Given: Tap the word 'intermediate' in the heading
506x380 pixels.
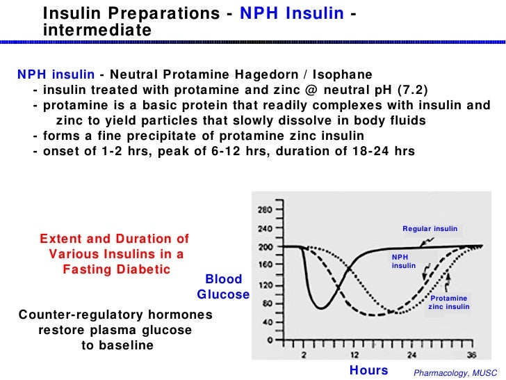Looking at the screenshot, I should point(97,31).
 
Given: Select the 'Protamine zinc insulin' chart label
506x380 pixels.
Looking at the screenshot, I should point(449,302).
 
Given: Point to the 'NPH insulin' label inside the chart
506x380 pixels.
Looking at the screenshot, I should point(404,260).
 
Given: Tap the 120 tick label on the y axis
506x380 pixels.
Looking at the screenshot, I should point(266,285).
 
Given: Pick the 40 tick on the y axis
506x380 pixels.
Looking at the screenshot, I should point(267,323).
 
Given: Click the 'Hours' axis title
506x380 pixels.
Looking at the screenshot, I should point(368,370).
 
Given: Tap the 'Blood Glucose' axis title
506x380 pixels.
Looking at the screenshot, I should point(223,287).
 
